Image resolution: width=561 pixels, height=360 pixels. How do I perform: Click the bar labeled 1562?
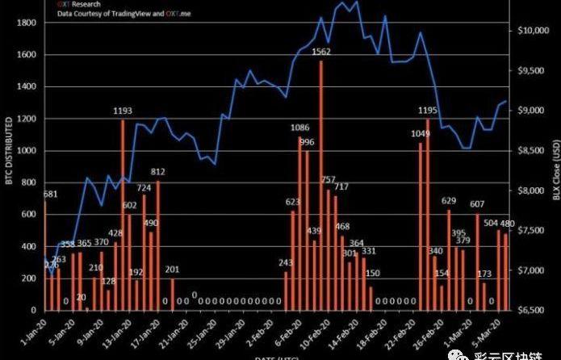coord(321,185)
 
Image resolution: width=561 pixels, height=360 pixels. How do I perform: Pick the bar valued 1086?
coord(300,223)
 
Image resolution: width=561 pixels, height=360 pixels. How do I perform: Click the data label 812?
coord(157,172)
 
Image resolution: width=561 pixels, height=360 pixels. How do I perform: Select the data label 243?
coord(286,262)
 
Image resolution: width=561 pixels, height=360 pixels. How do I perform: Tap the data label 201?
coord(172,269)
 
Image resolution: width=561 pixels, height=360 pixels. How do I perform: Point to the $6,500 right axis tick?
coord(534,310)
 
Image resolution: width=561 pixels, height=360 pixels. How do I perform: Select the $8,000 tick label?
coord(534,190)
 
